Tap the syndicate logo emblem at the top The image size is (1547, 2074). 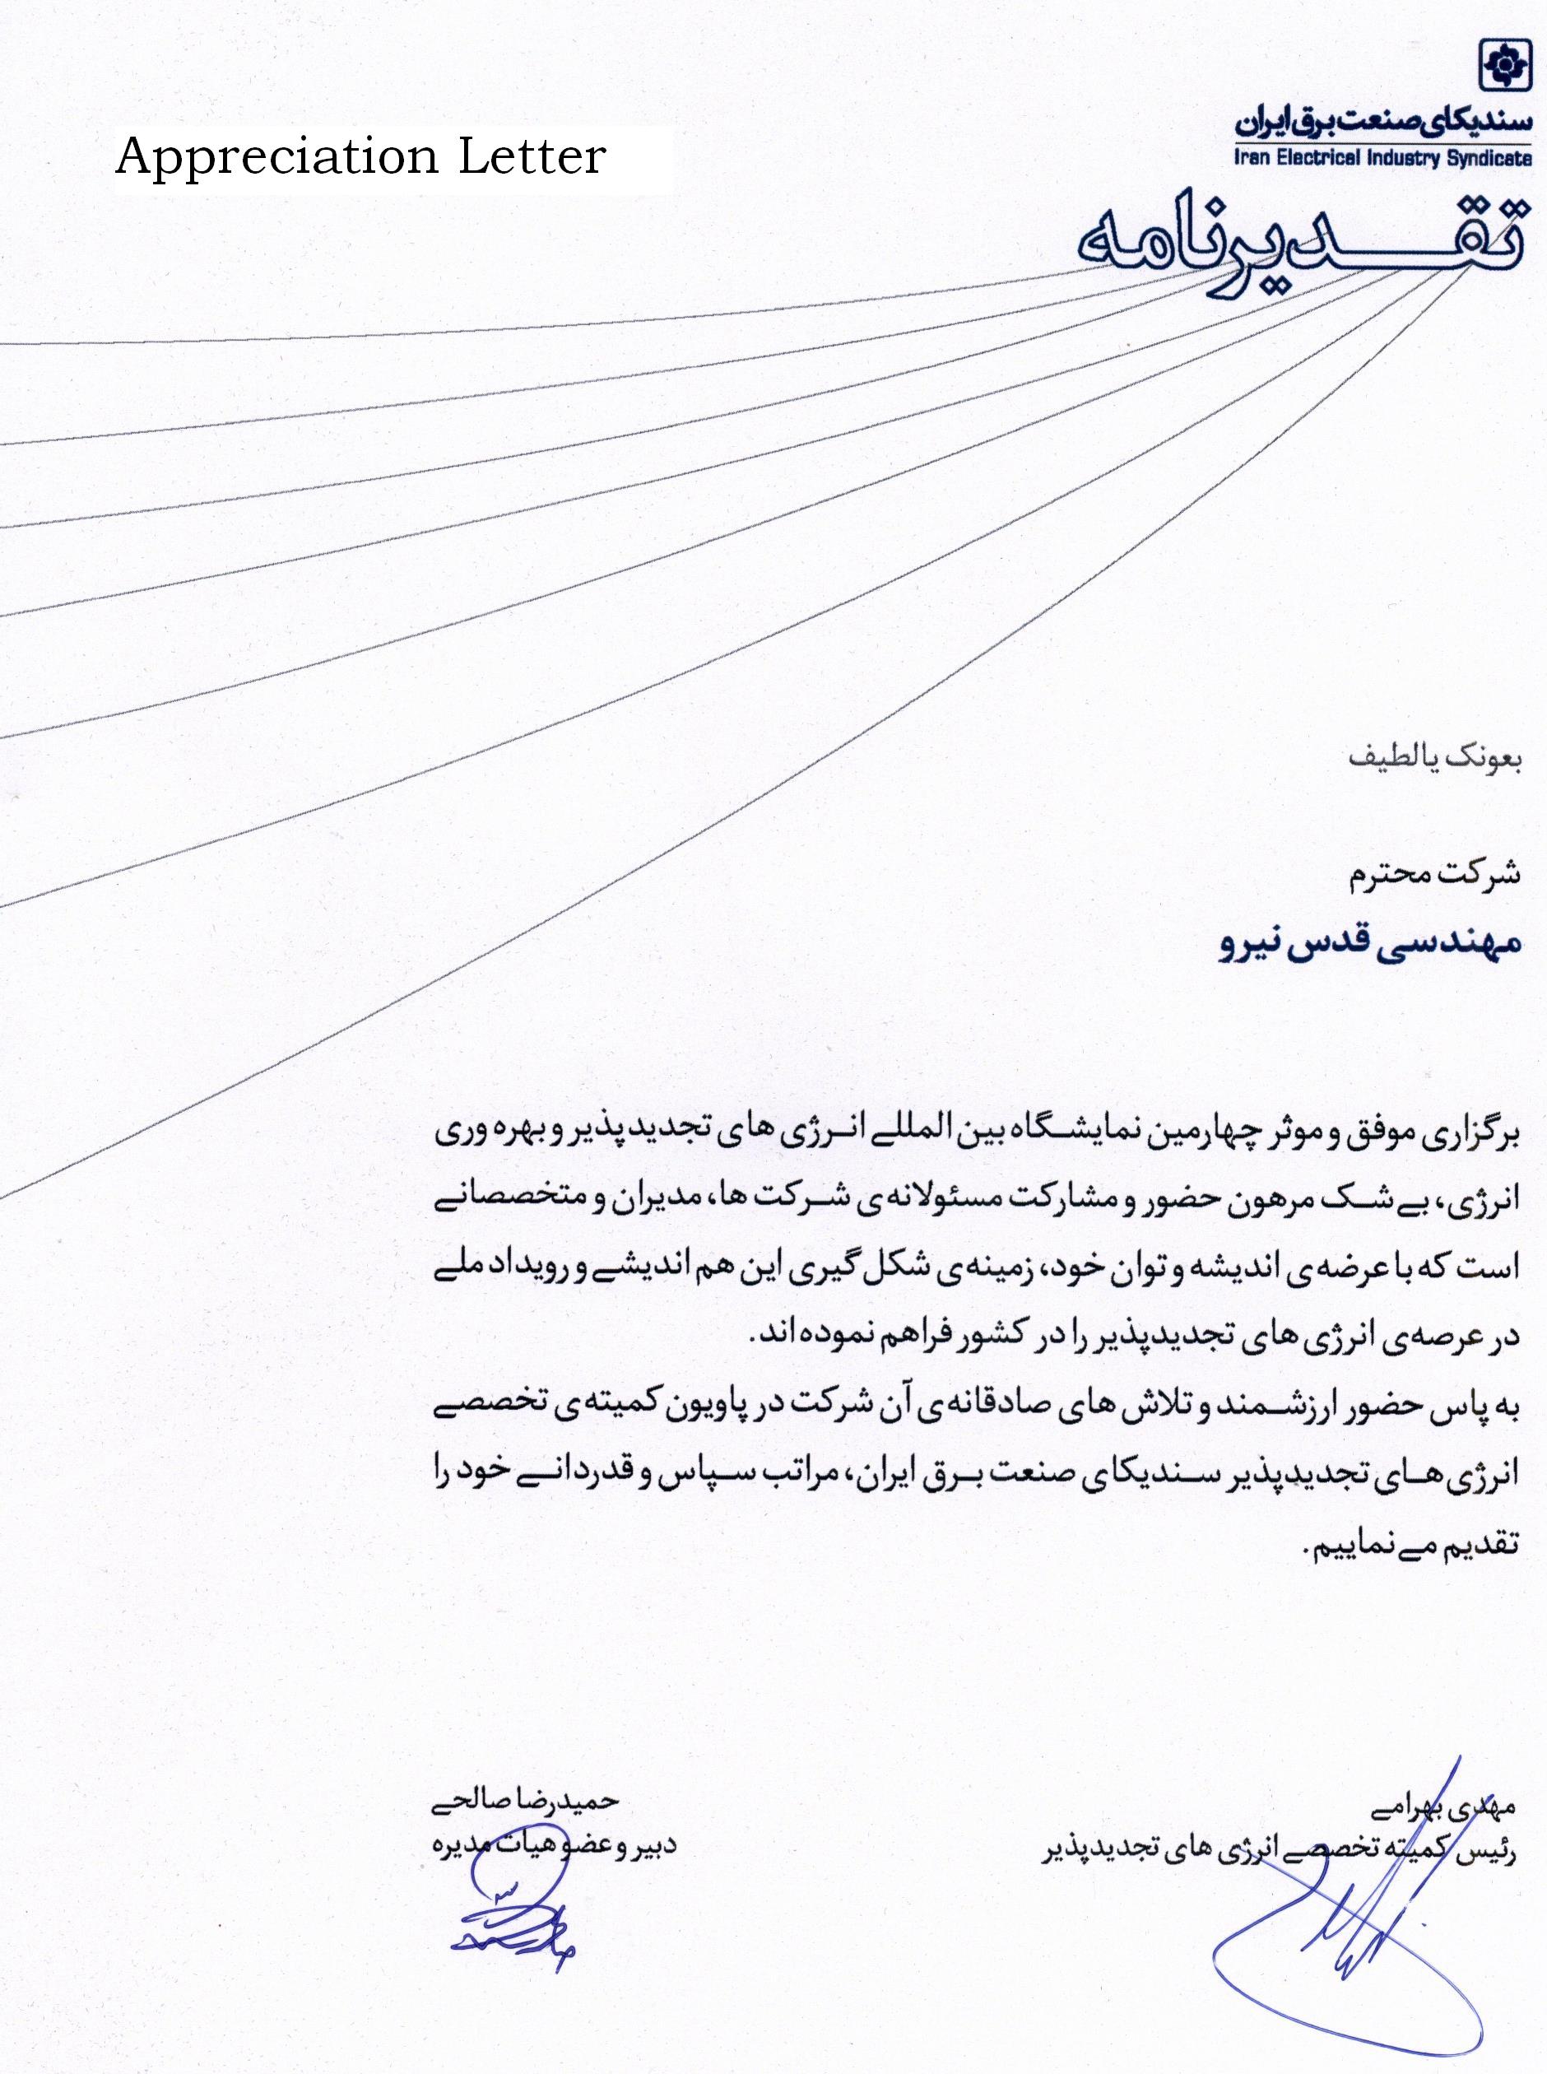point(1502,67)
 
